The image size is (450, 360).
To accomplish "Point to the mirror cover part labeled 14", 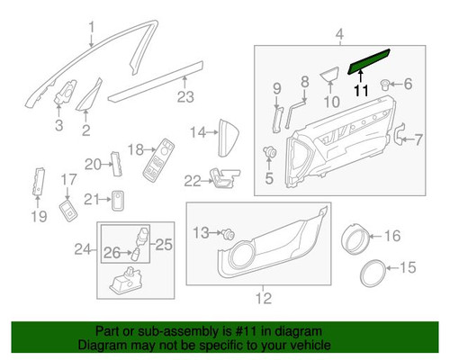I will (225, 135).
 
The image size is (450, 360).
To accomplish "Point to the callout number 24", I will (79, 247).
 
